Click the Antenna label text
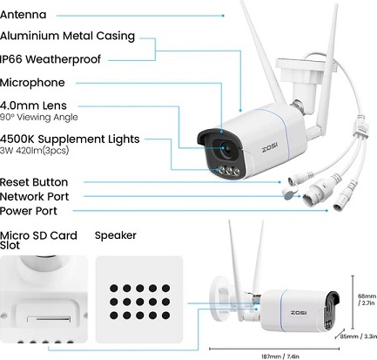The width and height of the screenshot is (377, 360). [24, 15]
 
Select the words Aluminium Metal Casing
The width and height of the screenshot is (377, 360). [68, 36]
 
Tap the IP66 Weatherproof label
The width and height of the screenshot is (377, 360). [50, 59]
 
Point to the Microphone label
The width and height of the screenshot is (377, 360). [32, 83]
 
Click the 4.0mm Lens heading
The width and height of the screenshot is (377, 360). [33, 105]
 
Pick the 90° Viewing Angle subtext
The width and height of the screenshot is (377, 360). [39, 117]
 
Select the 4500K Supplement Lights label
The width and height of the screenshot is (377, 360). [70, 139]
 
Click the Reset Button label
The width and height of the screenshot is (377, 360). [34, 182]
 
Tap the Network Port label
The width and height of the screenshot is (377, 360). [35, 196]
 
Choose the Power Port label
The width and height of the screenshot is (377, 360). [29, 211]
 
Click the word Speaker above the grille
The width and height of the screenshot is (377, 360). [116, 235]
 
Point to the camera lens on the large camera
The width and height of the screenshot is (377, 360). [224, 148]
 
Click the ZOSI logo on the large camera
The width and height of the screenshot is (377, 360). [270, 149]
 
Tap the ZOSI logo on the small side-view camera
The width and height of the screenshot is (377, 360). [299, 313]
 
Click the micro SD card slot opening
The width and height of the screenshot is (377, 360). [49, 319]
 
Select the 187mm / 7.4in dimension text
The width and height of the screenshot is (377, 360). [280, 357]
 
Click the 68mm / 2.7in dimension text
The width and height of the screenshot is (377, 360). [367, 300]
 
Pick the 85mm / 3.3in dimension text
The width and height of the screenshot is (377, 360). [359, 336]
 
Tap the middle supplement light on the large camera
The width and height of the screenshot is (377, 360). [229, 171]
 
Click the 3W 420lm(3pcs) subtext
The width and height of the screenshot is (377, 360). [35, 151]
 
